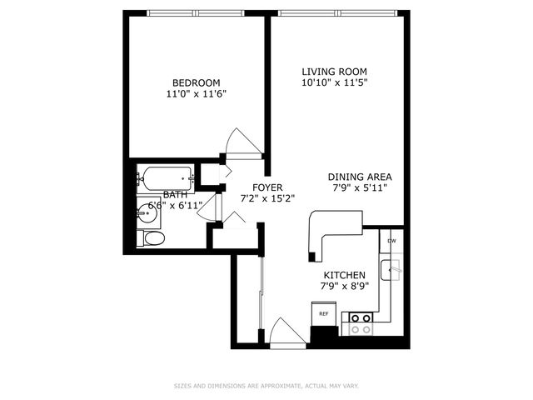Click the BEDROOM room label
click(x=196, y=82)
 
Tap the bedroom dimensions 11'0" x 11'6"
click(x=196, y=94)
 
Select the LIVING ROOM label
click(x=334, y=72)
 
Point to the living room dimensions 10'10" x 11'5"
click(x=334, y=83)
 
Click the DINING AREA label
click(x=360, y=177)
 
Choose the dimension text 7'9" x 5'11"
click(x=360, y=188)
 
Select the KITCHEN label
click(x=344, y=275)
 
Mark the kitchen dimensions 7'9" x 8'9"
click(x=344, y=287)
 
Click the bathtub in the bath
click(x=166, y=177)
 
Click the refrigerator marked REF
click(x=323, y=315)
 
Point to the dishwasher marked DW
click(x=391, y=242)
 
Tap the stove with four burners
click(x=360, y=323)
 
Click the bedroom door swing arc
click(x=244, y=142)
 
